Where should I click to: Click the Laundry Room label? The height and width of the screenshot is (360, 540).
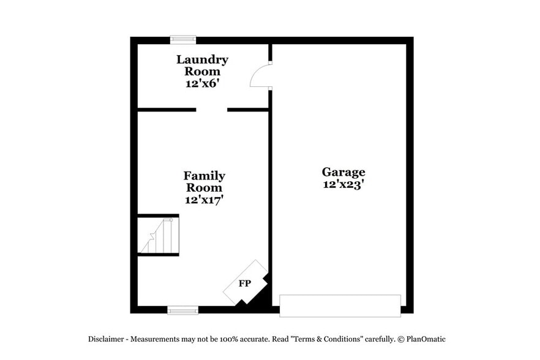[x=202, y=65]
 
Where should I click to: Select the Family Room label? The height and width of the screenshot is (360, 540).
[x=204, y=181]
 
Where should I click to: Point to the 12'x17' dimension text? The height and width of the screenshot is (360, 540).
[x=204, y=199]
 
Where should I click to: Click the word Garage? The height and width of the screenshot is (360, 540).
[x=343, y=172]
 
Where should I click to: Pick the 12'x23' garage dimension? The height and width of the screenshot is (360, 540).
[x=343, y=184]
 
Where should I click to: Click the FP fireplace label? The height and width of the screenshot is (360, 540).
[x=244, y=283]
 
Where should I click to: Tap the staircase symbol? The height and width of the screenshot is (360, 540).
[x=159, y=236]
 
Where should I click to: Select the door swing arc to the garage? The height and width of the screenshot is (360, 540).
[x=260, y=76]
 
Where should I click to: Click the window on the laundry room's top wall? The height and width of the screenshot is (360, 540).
[x=183, y=40]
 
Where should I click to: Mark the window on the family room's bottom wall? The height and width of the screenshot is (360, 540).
[x=183, y=310]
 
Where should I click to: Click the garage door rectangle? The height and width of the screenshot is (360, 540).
[x=340, y=306]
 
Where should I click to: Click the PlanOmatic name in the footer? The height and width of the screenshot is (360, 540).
[x=429, y=339]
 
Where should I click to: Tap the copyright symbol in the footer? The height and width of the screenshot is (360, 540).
[x=400, y=339]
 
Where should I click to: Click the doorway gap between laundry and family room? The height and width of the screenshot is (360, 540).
[x=211, y=110]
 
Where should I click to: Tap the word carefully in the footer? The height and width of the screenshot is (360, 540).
[x=379, y=339]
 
